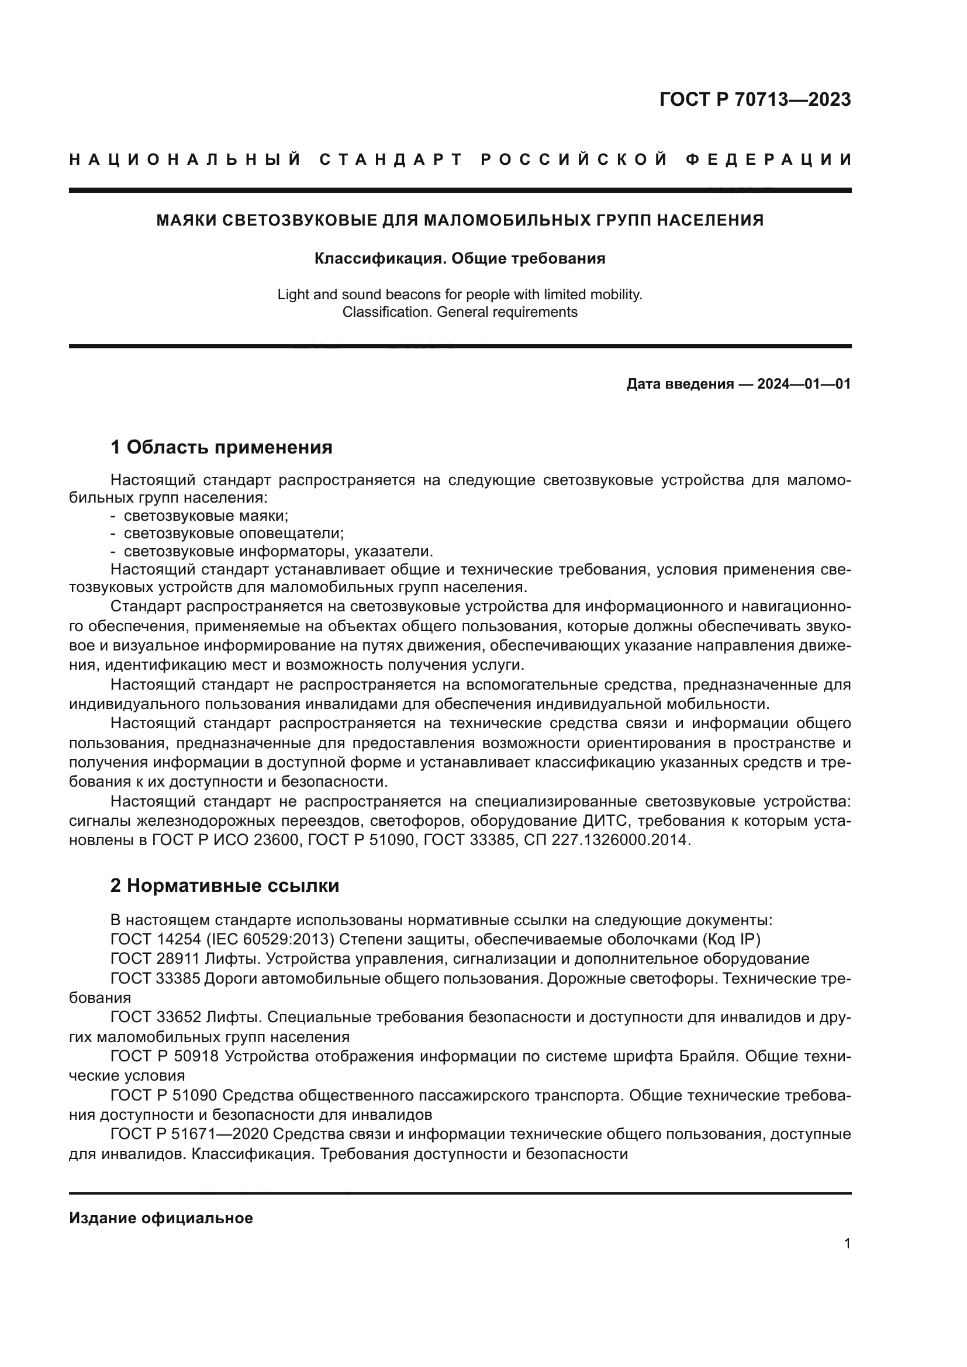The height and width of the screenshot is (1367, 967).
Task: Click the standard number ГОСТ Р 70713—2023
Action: (755, 99)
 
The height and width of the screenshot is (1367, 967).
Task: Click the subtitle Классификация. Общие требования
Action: (460, 258)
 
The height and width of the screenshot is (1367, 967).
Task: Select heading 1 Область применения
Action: (222, 447)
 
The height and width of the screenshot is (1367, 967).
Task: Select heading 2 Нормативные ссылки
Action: (225, 886)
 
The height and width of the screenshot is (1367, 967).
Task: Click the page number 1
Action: (847, 1243)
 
